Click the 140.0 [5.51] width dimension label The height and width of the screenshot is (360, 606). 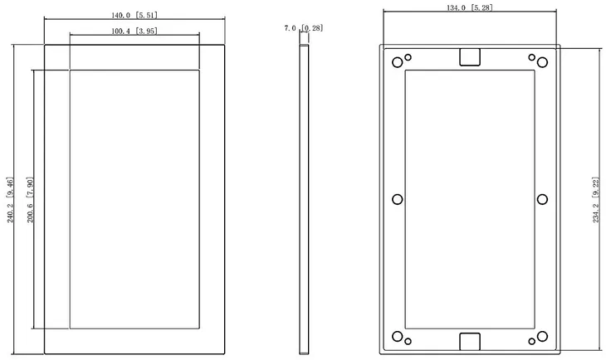pyautogui.click(x=134, y=16)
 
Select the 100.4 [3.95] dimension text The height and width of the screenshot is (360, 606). pyautogui.click(x=134, y=31)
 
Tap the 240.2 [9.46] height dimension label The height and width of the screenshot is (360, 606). pyautogui.click(x=10, y=200)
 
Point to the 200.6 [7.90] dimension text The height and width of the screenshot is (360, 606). pyautogui.click(x=30, y=200)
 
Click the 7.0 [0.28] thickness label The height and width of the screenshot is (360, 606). pyautogui.click(x=303, y=28)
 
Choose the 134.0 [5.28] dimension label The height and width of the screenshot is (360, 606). pyautogui.click(x=470, y=7)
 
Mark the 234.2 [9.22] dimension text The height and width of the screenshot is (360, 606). pyautogui.click(x=595, y=200)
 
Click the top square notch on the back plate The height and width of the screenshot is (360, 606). pyautogui.click(x=470, y=57)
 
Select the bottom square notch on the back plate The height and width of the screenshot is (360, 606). pyautogui.click(x=470, y=342)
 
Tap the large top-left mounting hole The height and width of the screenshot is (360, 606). pyautogui.click(x=398, y=62)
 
